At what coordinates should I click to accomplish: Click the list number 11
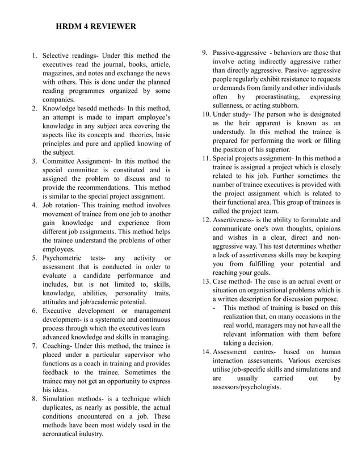(207, 158)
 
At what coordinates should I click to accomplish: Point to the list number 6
(34, 311)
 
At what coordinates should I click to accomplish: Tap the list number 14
(207, 352)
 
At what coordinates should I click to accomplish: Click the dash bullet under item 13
(214, 308)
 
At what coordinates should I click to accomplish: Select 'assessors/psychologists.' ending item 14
(246, 387)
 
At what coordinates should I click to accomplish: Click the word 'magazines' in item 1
(58, 74)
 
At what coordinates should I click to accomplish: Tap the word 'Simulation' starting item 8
(62, 399)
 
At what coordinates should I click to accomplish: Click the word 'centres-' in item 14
(264, 352)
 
